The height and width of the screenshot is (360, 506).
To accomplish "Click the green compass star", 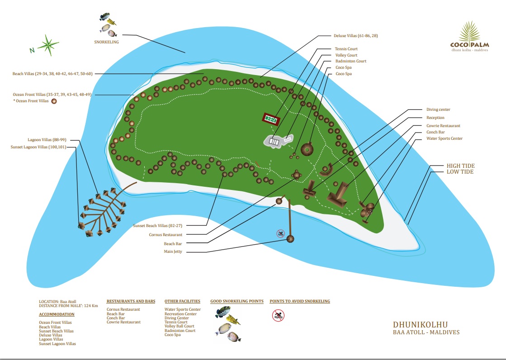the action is [48, 45].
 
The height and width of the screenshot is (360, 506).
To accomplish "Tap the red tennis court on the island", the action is [271, 119].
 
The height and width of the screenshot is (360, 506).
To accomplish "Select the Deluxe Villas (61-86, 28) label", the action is [355, 36].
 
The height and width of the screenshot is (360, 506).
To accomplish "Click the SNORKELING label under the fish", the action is [107, 42].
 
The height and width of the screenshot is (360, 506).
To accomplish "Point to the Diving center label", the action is [438, 109].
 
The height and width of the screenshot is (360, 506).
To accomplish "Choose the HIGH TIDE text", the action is [460, 166].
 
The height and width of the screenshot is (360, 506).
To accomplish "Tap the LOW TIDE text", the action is [460, 172].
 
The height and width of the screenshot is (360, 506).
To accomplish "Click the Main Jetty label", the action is [173, 251].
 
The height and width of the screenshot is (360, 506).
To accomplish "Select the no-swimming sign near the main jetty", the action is [281, 233].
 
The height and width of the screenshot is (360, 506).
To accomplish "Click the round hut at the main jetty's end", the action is [290, 239].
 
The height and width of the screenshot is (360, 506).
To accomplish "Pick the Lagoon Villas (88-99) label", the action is [47, 140].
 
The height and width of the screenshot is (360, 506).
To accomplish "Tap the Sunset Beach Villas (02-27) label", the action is [157, 226].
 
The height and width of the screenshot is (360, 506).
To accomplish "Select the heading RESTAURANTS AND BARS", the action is [131, 301].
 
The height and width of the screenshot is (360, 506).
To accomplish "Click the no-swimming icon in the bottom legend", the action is [278, 315].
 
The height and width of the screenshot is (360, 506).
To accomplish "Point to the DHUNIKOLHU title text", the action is [420, 324].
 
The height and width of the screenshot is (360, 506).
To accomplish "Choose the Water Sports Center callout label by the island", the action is [445, 138].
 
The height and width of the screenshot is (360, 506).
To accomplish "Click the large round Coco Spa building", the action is [307, 150].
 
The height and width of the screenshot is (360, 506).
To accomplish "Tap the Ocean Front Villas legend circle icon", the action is [54, 101].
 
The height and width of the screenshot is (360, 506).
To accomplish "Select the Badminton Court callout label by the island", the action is [351, 61].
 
